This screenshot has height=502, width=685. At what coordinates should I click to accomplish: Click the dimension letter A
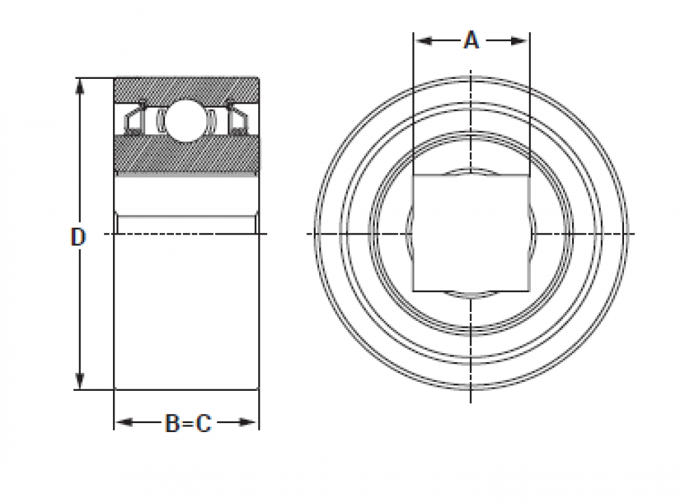[471, 40]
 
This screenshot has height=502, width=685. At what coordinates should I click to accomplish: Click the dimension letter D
[78, 237]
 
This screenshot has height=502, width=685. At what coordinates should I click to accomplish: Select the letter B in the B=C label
[172, 423]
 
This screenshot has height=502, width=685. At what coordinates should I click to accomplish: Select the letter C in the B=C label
[203, 423]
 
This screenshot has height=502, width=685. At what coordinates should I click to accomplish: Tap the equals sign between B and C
[188, 423]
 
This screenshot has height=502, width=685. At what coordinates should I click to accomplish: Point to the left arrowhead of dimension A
[423, 41]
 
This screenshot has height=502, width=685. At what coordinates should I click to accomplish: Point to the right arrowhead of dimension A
[519, 41]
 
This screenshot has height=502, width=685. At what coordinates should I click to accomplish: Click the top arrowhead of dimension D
[79, 87]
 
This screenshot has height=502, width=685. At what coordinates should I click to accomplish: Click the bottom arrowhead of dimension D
[79, 381]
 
